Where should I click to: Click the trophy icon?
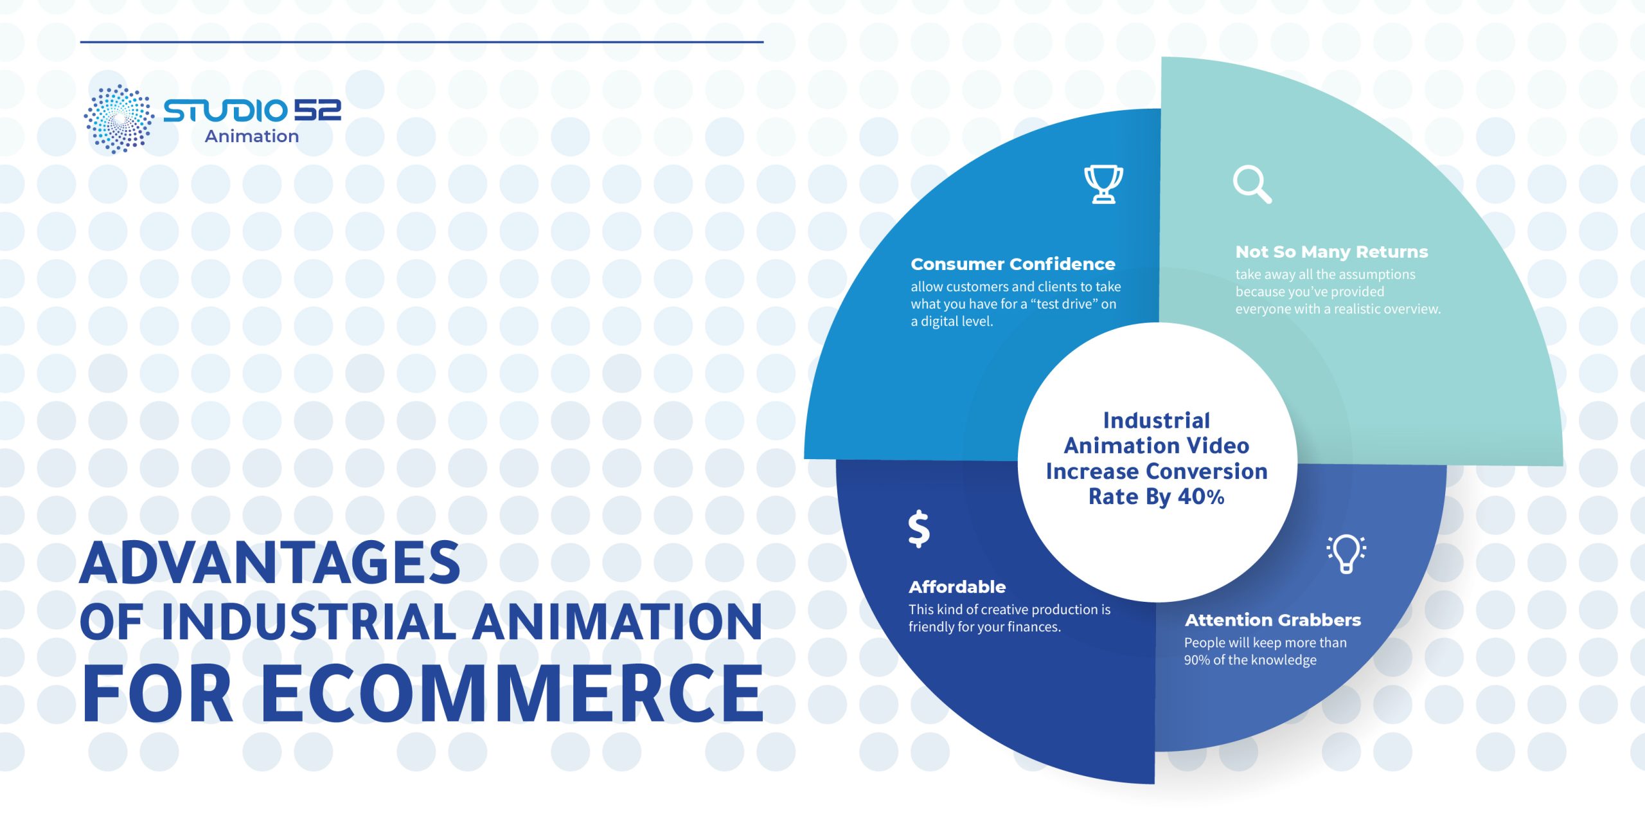pos(1103,185)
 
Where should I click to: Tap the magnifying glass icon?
pos(1252,185)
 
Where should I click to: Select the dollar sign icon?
pos(919,529)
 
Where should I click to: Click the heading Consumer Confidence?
pos(1013,264)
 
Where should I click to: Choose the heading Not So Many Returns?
pos(1331,252)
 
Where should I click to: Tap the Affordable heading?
pos(957,587)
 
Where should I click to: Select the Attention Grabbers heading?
pos(1273,620)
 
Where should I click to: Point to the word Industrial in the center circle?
pos(1157,421)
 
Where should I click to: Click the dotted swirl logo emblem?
pos(119,119)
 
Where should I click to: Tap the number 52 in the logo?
pos(318,111)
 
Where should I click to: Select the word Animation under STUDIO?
pos(252,136)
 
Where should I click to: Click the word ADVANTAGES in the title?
pos(270,563)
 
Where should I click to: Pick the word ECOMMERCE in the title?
pos(512,693)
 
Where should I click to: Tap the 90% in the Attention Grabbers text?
pos(1197,660)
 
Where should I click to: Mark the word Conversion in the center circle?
pos(1205,471)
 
